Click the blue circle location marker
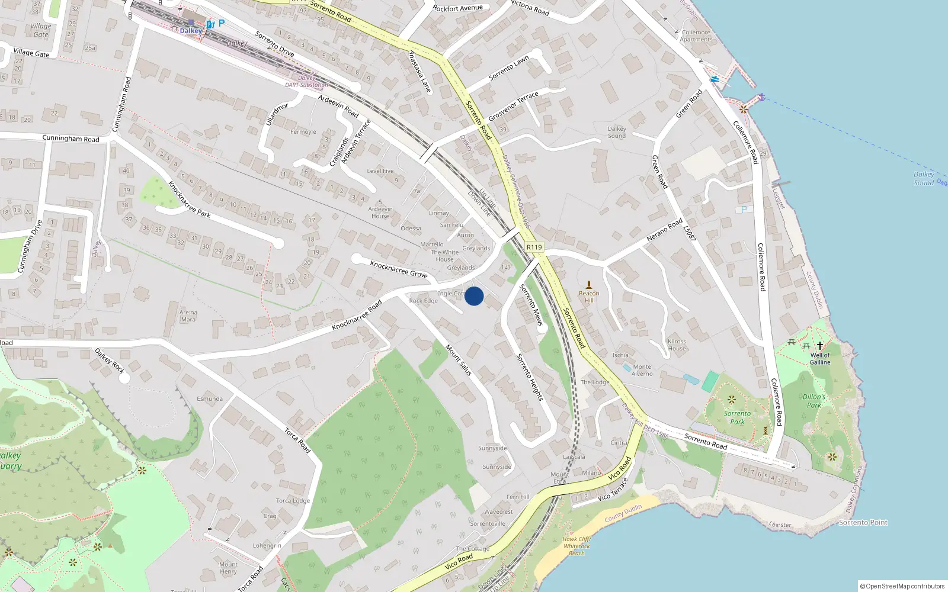pyautogui.click(x=474, y=296)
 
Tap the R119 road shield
pyautogui.click(x=534, y=247)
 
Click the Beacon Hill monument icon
pyautogui.click(x=589, y=285)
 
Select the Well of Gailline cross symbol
pyautogui.click(x=820, y=345)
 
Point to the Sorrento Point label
pyautogui.click(x=863, y=523)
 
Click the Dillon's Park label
pyautogui.click(x=814, y=401)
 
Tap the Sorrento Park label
pyautogui.click(x=737, y=417)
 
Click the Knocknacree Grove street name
pyautogui.click(x=399, y=269)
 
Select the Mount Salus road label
pyautogui.click(x=459, y=360)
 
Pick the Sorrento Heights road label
pyautogui.click(x=530, y=377)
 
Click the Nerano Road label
pyautogui.click(x=664, y=230)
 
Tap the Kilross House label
pyautogui.click(x=677, y=345)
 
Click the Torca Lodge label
pyautogui.click(x=293, y=501)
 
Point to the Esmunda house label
pyautogui.click(x=210, y=399)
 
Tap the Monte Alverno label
pyautogui.click(x=642, y=370)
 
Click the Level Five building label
pyautogui.click(x=380, y=171)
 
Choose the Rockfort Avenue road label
pyautogui.click(x=457, y=8)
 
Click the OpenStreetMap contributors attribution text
pyautogui.click(x=902, y=586)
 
